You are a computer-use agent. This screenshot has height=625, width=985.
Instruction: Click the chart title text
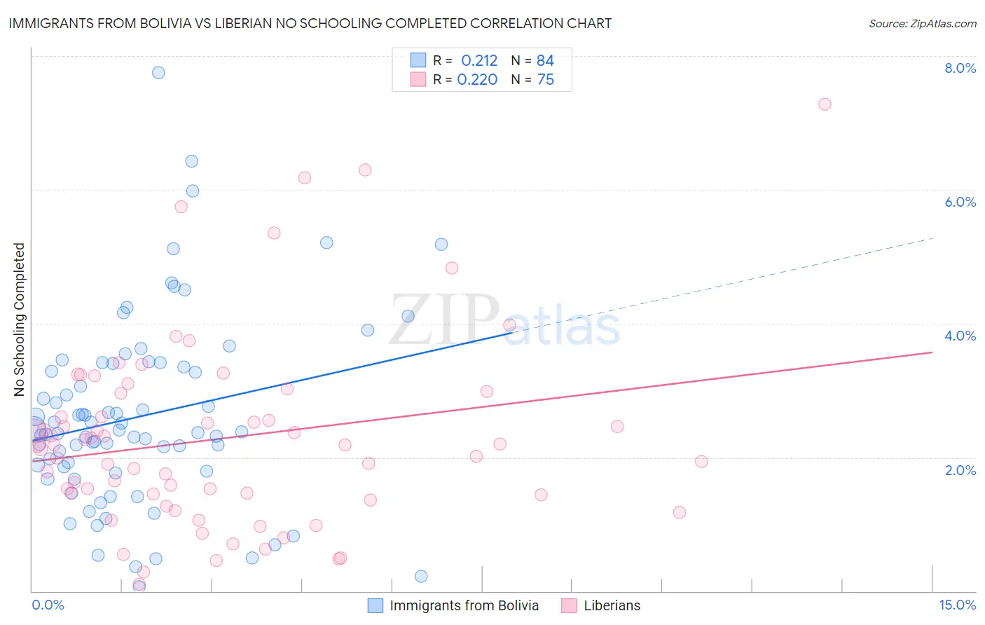[310, 23]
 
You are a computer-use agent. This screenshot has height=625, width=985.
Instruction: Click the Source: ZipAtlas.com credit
[922, 23]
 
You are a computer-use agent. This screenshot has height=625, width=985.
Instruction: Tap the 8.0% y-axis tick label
[960, 68]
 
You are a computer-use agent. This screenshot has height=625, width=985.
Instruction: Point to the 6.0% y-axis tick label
[960, 202]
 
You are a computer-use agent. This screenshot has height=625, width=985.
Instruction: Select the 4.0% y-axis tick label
[960, 336]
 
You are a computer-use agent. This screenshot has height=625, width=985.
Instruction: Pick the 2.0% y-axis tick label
[960, 470]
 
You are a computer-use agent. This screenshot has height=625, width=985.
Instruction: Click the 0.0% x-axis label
[48, 605]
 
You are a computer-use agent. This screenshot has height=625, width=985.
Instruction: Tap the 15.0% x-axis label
[957, 605]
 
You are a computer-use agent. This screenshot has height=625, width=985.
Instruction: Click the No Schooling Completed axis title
[19, 320]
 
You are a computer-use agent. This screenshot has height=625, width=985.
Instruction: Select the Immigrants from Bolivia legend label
[464, 605]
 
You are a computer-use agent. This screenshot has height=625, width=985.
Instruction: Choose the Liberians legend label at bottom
[612, 605]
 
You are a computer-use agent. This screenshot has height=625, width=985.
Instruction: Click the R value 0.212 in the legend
[479, 60]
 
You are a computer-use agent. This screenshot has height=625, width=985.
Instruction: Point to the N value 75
[545, 79]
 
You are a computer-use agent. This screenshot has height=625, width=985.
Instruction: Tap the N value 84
[545, 60]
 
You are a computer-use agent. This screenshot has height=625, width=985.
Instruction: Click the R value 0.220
[477, 79]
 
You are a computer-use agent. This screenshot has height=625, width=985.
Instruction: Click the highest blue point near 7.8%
[158, 72]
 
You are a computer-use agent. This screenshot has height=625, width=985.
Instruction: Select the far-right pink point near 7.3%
[825, 104]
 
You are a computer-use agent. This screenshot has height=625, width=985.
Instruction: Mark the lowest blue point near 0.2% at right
[421, 576]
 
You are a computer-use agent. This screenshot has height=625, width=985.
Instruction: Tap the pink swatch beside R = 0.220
[418, 79]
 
